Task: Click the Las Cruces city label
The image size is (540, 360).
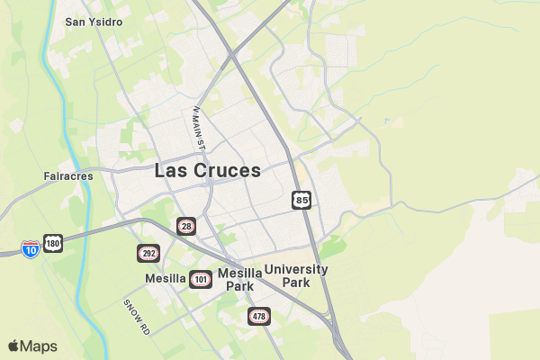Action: pos(208,170)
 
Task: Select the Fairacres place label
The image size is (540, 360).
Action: pos(68,176)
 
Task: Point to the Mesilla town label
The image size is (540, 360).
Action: pos(165,279)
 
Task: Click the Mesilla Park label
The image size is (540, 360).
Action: pos(239,279)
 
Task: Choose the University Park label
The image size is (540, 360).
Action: pos(296,275)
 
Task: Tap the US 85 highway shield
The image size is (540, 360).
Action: pos(301,199)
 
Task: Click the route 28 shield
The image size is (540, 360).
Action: pos(186,226)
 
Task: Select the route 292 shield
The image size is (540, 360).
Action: pos(148,253)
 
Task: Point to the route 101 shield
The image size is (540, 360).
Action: pos(201,280)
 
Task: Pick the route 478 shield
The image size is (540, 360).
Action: pos(259,316)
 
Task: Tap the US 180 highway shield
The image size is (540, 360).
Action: pos(53,244)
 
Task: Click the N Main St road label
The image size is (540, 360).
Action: pos(199,129)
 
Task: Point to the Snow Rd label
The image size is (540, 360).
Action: pos(137,316)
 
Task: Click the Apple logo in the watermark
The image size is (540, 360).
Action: pos(13,346)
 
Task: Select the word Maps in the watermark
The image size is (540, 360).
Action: pos(39,346)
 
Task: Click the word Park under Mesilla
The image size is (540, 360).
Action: pos(239,286)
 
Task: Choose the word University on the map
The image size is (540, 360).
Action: pos(296,269)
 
